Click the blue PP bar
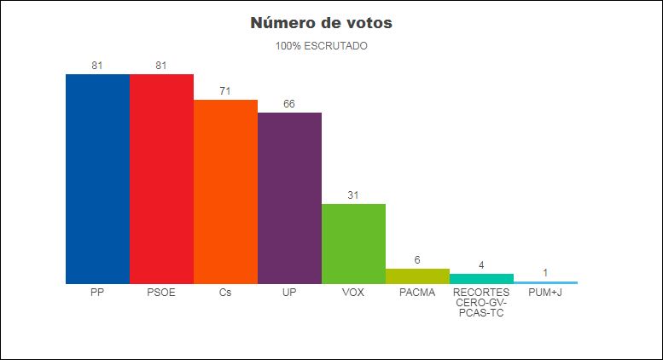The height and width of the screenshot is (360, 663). coord(97,178)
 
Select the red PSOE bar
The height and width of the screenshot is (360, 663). coord(161,178)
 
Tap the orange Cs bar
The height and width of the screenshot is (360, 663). coord(225,191)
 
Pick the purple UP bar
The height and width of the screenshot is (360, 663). coord(289,198)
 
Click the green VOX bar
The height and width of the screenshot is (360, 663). coord(353,243)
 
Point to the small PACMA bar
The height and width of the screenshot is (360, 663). coord(417,276)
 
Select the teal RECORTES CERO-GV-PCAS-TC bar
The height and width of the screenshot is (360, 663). coord(481,278)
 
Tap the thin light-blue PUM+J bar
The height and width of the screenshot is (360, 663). coord(545,282)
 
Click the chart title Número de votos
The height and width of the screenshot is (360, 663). coord(321,23)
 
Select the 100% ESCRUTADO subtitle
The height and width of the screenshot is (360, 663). coord(322,46)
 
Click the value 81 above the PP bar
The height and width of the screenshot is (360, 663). coord(97,66)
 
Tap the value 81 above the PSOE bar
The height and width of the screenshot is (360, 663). coord(161,66)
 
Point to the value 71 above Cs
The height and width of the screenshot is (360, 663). coord(225,91)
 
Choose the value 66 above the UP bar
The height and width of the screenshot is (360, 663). coord(289,104)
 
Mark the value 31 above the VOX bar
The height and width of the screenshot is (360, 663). coord(353,195)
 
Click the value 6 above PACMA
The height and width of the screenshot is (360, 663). coord(417,260)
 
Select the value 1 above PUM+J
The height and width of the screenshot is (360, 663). coord(545,273)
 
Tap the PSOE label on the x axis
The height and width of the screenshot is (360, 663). coord(161,293)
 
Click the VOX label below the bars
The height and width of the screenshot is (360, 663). coord(353,293)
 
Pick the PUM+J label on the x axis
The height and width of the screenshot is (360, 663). coord(545,293)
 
